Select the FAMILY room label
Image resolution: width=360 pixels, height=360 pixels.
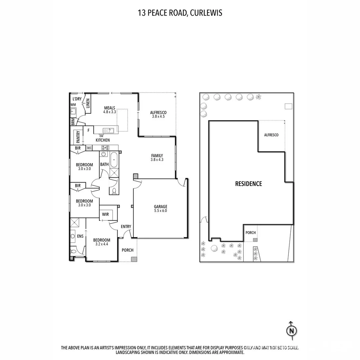(x=157, y=157)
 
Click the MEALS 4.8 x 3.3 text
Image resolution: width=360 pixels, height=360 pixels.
(x=110, y=110)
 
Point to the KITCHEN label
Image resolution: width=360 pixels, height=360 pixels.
(x=103, y=140)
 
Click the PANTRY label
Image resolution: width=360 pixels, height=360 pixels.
(x=78, y=137)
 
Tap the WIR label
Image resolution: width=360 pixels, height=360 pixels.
(x=105, y=214)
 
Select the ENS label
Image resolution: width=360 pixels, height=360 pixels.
(x=80, y=236)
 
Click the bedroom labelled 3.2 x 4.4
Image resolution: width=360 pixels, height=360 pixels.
(x=101, y=242)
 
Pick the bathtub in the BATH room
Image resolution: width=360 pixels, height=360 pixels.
(x=114, y=160)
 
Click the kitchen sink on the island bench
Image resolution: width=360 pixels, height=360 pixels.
(x=108, y=130)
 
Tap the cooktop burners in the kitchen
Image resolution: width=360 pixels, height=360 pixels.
(x=105, y=147)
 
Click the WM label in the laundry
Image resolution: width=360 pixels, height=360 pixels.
(x=73, y=105)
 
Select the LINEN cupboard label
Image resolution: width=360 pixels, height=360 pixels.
(x=88, y=103)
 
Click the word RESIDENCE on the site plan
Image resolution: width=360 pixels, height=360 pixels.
(x=248, y=184)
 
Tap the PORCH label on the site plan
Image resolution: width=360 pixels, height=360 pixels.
(x=250, y=232)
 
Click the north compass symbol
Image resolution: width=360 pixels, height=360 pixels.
(x=291, y=330)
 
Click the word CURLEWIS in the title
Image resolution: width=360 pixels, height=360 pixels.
(x=206, y=13)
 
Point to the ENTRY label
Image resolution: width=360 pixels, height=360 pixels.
(x=126, y=227)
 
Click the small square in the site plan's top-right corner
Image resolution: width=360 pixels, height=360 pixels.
(x=288, y=106)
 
